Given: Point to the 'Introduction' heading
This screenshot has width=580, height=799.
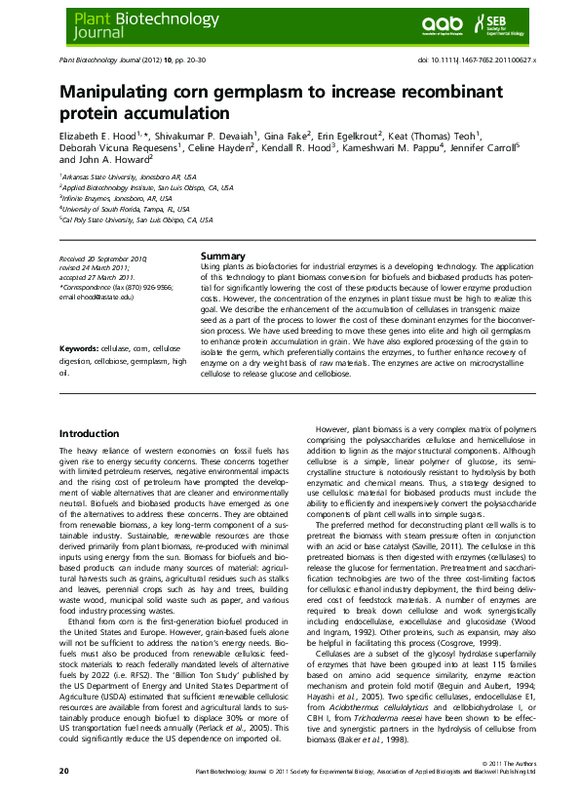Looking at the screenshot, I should click(x=89, y=432).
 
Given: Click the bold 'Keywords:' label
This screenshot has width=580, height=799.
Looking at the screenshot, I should click(x=80, y=348).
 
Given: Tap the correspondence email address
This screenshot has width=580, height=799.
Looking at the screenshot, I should click(x=97, y=296).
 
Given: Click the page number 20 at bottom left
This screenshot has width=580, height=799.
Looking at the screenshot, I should click(x=63, y=771).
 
